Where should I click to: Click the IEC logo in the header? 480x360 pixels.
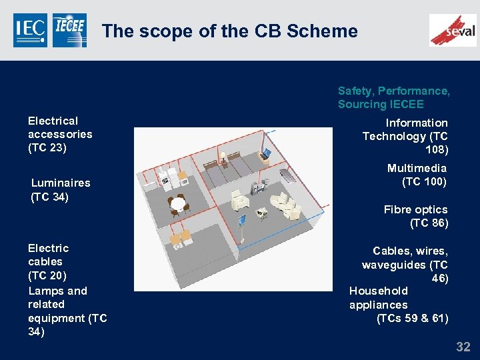click(x=30, y=30)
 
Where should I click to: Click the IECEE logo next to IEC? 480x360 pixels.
click(x=69, y=30)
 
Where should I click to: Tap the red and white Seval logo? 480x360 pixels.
click(x=453, y=30)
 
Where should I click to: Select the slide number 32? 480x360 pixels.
click(x=463, y=347)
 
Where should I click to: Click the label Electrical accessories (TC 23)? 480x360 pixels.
click(x=60, y=134)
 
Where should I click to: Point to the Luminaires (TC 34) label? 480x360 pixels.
click(x=61, y=189)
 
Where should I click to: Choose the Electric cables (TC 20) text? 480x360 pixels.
click(x=48, y=261)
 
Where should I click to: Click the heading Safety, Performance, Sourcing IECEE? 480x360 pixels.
click(x=393, y=97)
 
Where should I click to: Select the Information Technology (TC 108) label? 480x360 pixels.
click(x=405, y=136)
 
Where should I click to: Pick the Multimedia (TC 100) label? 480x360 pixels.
click(x=417, y=175)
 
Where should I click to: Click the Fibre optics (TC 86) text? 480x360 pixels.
click(x=416, y=216)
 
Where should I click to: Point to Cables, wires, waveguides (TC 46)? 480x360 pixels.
click(x=405, y=265)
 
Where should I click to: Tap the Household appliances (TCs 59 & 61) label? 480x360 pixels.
click(x=399, y=305)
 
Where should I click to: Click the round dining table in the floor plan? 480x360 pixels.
click(x=178, y=203)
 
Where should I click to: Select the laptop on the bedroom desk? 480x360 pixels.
click(x=266, y=154)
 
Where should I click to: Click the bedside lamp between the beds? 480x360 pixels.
click(x=223, y=157)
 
